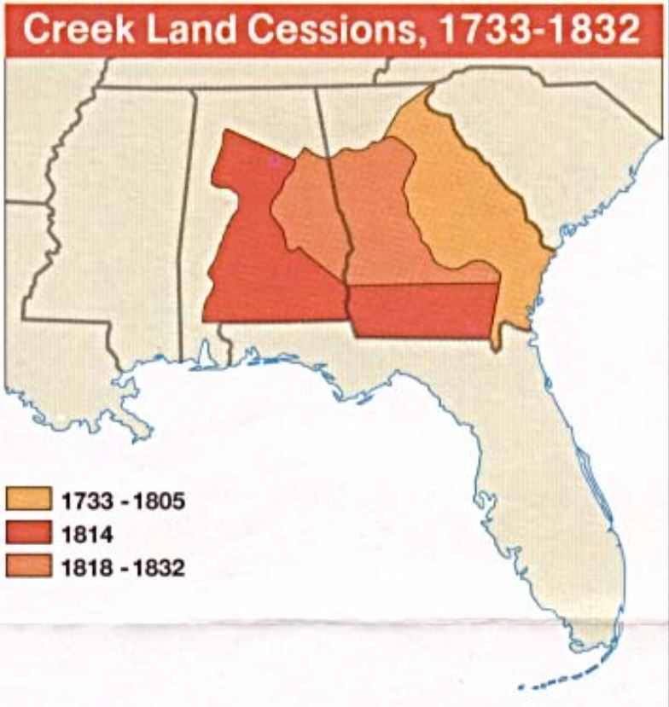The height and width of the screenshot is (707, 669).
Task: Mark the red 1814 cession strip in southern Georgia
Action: tap(422, 310)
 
